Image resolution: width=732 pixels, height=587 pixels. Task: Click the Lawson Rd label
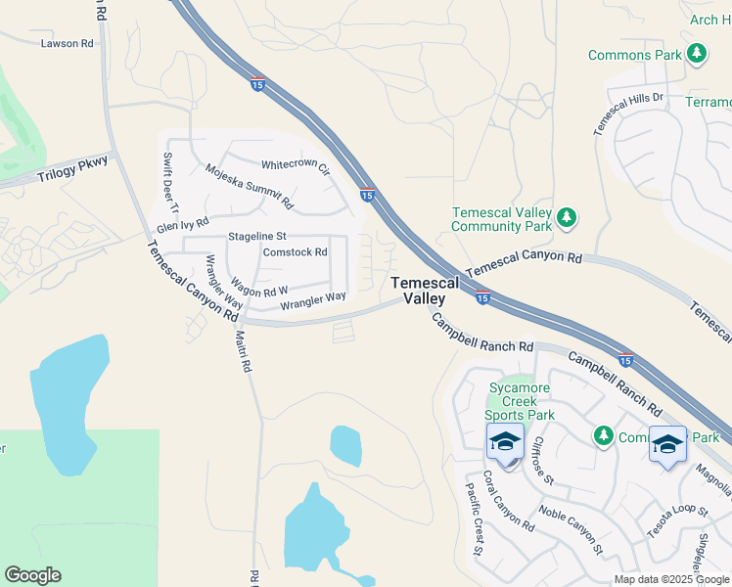(x=67, y=43)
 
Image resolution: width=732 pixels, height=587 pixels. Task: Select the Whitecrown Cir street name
(x=296, y=167)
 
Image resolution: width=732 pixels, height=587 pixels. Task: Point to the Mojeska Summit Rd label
(x=250, y=188)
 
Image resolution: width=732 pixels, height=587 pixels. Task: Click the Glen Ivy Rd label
(x=183, y=225)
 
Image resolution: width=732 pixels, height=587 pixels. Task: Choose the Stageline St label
(x=256, y=237)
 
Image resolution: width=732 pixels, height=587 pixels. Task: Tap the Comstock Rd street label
(x=295, y=251)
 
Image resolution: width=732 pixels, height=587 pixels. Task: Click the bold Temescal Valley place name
(x=425, y=290)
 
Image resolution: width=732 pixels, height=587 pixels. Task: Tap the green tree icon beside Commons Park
(x=697, y=54)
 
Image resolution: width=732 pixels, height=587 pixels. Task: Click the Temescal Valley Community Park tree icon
(x=566, y=218)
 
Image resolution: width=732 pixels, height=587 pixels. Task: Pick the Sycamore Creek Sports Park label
(x=522, y=401)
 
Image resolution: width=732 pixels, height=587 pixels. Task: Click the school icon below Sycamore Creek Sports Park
(x=505, y=442)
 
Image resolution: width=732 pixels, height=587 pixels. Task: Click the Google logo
(x=32, y=575)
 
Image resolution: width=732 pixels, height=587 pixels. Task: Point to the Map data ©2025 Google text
(x=671, y=579)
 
